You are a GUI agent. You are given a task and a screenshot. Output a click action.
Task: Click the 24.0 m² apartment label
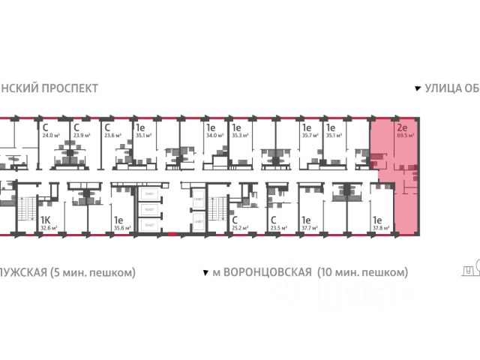pyautogui.click(x=49, y=136)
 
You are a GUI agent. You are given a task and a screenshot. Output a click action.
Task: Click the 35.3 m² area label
pyautogui.click(x=240, y=136)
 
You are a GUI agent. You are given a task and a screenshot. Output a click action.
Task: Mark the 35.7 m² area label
pyautogui.click(x=309, y=136)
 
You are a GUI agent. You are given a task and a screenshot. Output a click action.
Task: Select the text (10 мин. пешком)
pyautogui.click(x=362, y=271)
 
